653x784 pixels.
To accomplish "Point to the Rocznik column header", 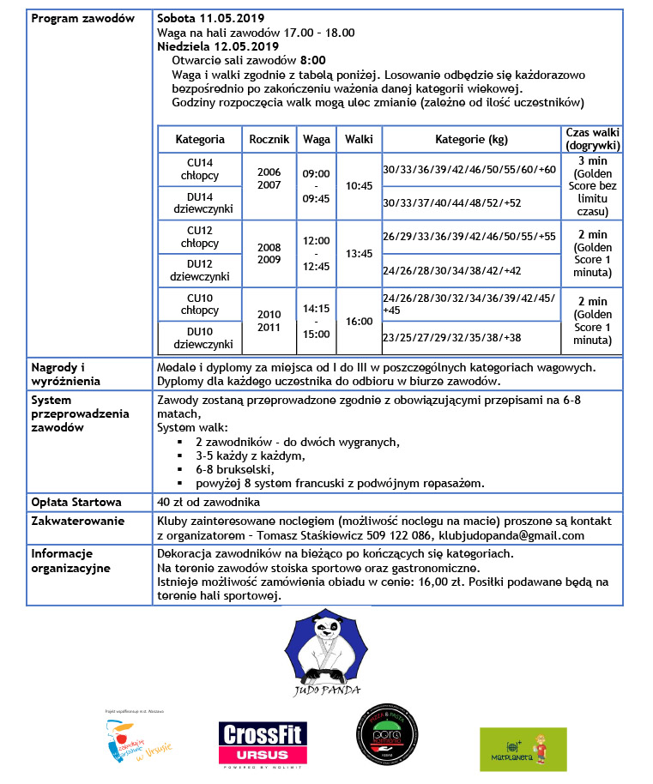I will (x=269, y=139).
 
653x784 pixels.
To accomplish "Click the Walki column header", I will (x=358, y=139).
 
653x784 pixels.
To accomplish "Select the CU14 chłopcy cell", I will (x=200, y=170).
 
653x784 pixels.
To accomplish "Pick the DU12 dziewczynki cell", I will (x=200, y=270).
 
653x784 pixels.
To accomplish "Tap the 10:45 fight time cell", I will (x=358, y=185).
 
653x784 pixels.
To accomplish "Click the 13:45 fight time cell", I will (x=358, y=254).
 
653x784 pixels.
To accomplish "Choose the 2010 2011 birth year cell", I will (x=269, y=321).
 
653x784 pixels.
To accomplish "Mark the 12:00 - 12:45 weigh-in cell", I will (x=316, y=254).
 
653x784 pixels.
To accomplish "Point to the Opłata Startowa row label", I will (x=76, y=502).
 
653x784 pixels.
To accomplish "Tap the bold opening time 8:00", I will (x=312, y=60).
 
